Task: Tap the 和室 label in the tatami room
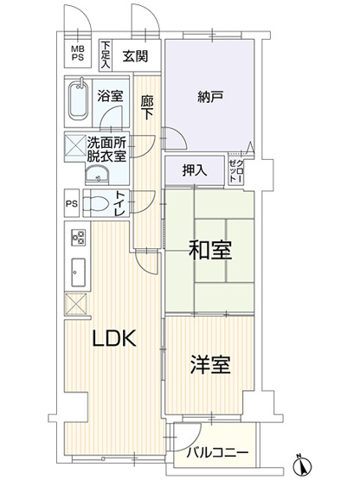click(209, 252)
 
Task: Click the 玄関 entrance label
click(135, 56)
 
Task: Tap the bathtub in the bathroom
click(79, 102)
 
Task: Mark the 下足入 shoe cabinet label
click(106, 54)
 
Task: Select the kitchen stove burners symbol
click(77, 238)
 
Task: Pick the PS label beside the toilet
click(71, 205)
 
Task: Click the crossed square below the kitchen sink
click(76, 304)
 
